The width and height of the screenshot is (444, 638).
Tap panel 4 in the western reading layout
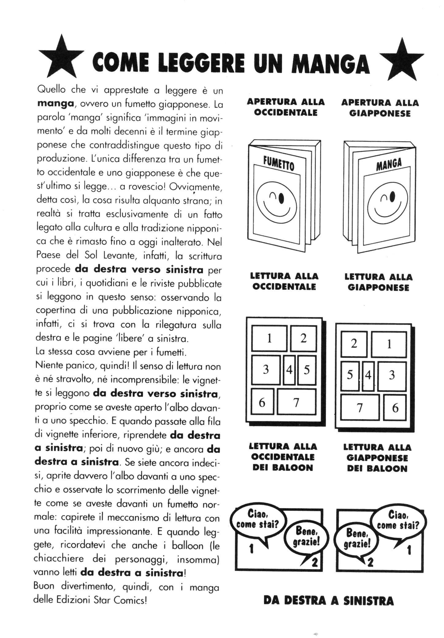[x=289, y=369]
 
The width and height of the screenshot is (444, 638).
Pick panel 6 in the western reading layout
[x=262, y=402]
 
